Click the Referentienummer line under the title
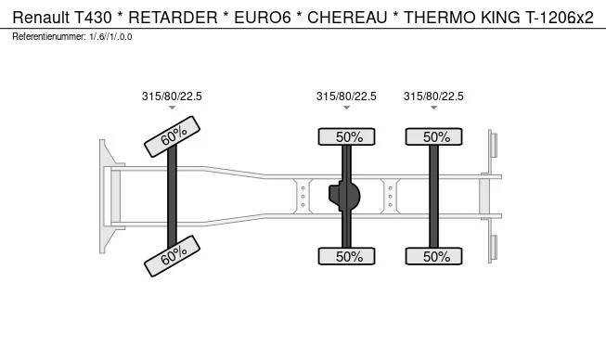tap(72, 36)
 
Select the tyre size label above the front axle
tap(172, 96)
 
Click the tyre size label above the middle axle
tap(346, 96)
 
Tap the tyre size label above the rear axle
tap(433, 96)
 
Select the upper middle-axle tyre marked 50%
tap(348, 136)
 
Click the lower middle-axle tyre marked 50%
tap(348, 256)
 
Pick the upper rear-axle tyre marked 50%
tap(435, 136)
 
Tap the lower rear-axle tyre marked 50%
tap(435, 256)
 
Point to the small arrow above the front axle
tap(173, 109)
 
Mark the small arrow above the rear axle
tap(433, 109)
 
